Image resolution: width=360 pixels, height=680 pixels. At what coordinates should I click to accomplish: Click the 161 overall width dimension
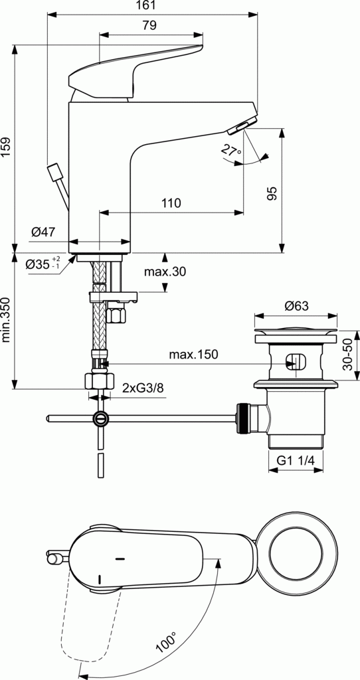coord(149,6)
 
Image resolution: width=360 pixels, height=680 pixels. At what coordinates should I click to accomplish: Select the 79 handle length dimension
coord(149,26)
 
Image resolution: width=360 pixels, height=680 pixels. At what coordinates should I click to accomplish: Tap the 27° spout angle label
coord(230,151)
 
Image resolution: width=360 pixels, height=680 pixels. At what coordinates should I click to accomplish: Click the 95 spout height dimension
coord(271,193)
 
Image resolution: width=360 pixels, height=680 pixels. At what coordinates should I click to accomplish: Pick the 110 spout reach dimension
coord(171,204)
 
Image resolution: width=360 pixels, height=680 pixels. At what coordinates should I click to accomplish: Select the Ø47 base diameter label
coord(43,232)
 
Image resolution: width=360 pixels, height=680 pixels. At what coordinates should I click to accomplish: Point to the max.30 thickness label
coord(165,271)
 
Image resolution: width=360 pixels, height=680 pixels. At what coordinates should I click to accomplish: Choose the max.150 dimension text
coord(193,355)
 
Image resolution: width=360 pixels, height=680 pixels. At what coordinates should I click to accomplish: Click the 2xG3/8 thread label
coord(143,388)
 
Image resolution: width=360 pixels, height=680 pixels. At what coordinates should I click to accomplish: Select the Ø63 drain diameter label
coord(296,306)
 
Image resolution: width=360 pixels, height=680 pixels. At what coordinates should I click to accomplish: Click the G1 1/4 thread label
coord(296,460)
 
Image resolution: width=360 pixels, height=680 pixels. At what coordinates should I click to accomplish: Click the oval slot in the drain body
coord(296,363)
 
